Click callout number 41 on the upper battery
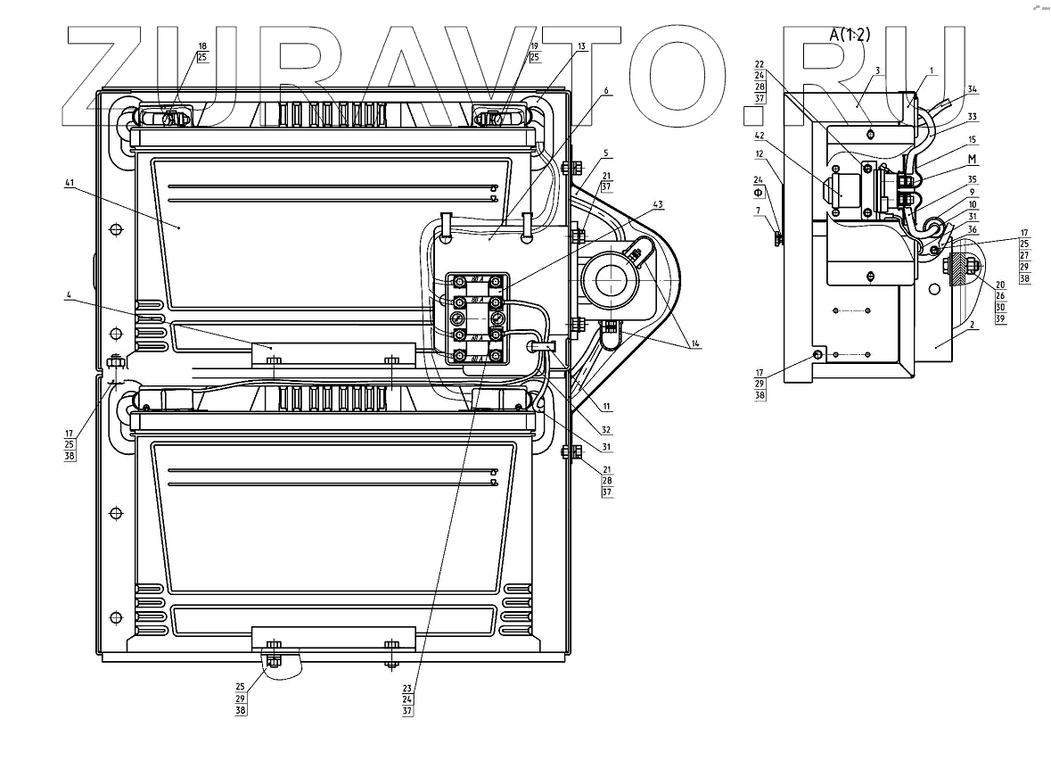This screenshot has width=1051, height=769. (x=69, y=183)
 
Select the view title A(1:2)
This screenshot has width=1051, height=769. (x=849, y=35)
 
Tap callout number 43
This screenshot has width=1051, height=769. (x=658, y=204)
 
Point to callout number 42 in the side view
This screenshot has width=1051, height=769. (x=760, y=136)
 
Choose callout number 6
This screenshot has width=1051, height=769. (x=606, y=90)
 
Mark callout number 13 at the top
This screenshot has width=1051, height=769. (x=581, y=45)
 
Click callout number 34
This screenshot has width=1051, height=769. (x=973, y=88)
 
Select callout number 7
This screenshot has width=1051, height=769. (x=759, y=211)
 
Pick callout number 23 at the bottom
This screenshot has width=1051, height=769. (x=407, y=688)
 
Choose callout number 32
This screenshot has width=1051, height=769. (x=581, y=429)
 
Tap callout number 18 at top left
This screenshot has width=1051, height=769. (x=202, y=45)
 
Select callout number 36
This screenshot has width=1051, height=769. (x=973, y=228)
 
